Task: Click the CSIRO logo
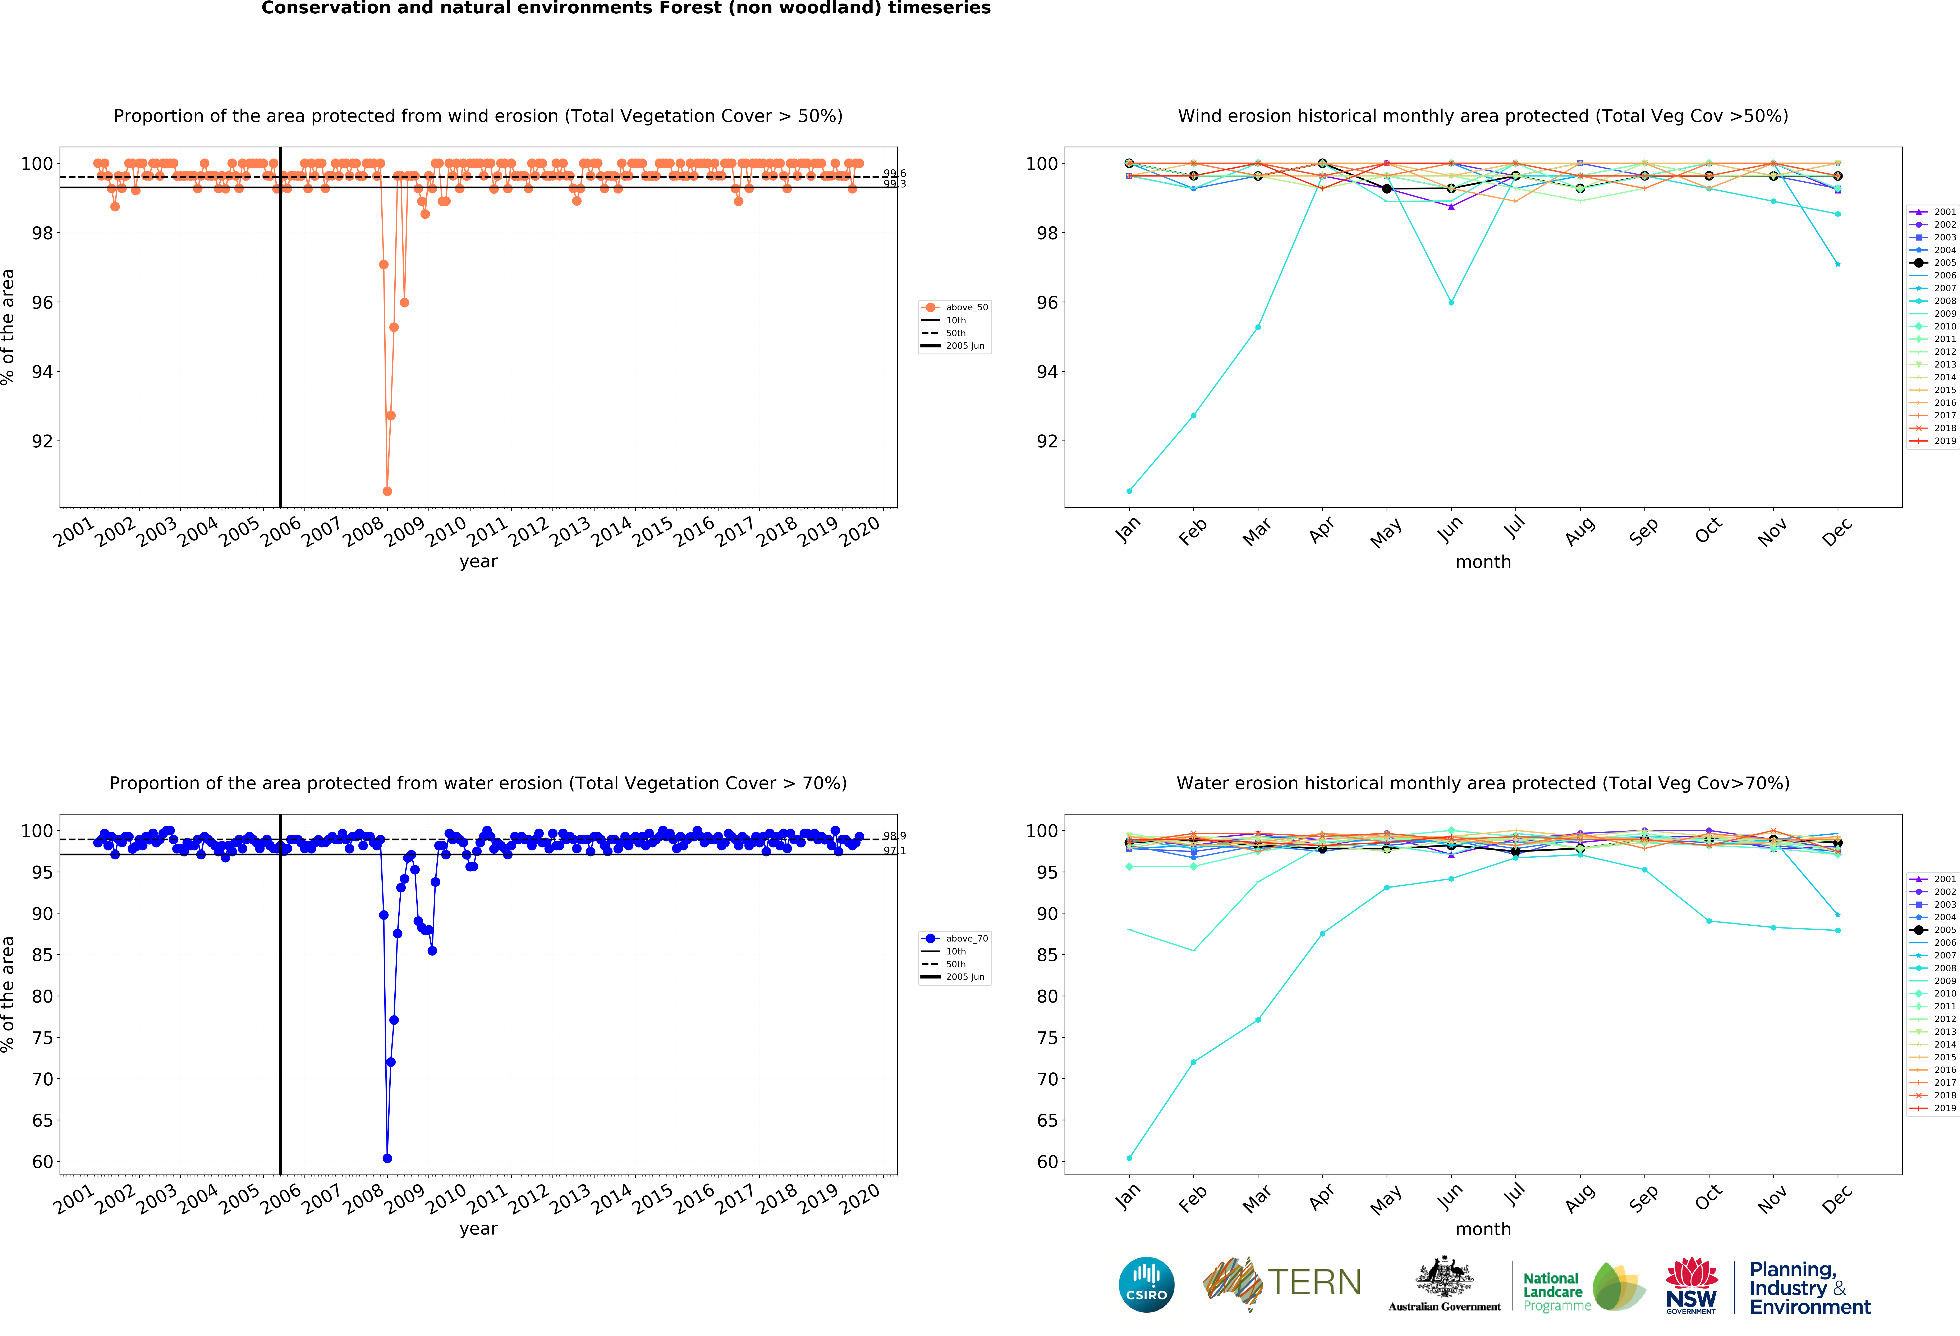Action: [1146, 1285]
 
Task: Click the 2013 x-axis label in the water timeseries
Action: [570, 1198]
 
